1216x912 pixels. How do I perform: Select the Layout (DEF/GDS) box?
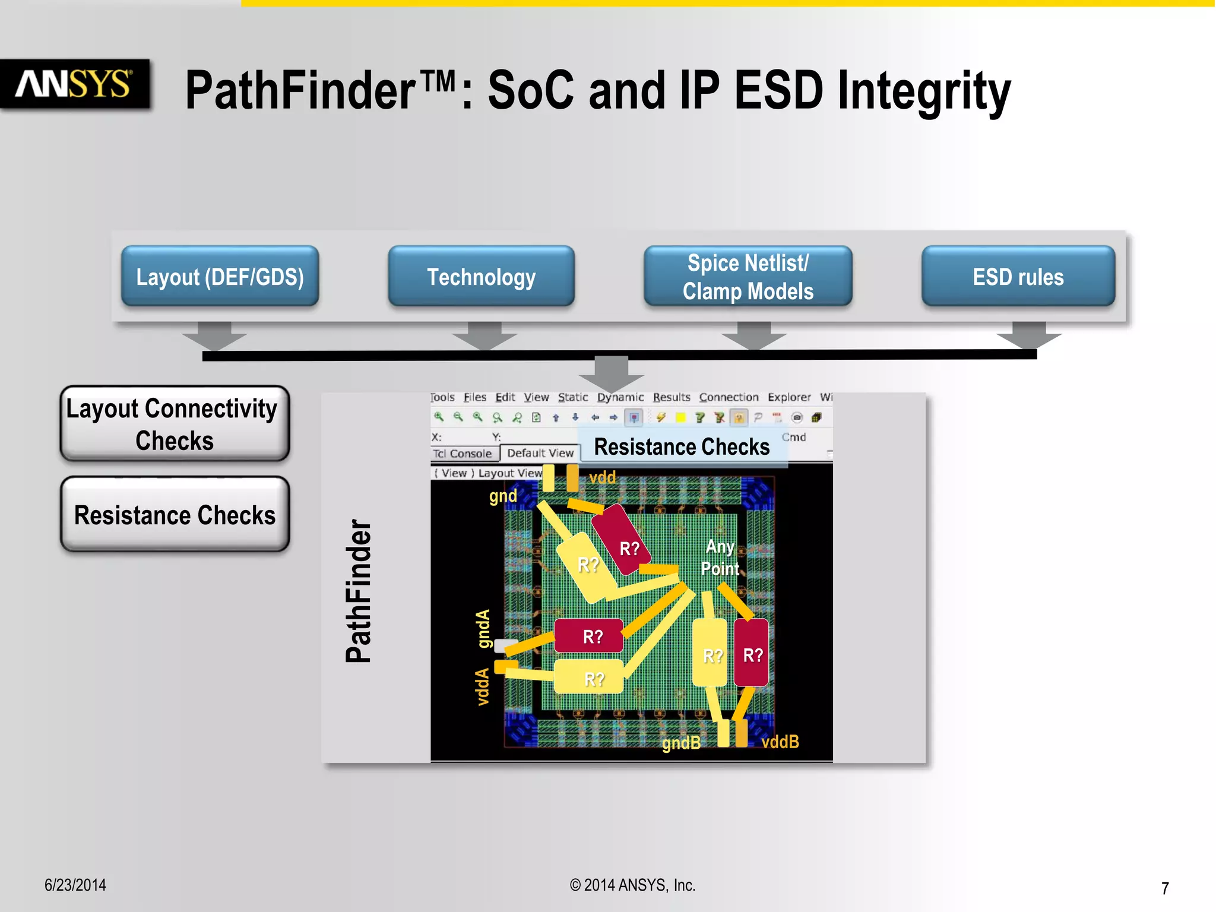tap(220, 277)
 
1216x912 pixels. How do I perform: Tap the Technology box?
tap(481, 277)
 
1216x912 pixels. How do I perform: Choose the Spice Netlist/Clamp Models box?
tap(748, 277)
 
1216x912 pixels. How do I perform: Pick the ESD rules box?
tap(1018, 277)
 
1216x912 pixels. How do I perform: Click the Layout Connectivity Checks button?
tap(175, 424)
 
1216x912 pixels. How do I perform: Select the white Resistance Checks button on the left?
tap(175, 514)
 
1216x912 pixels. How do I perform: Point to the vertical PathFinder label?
tap(359, 591)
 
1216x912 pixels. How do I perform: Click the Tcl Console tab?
tap(463, 454)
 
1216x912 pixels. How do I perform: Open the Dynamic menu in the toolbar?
tap(620, 397)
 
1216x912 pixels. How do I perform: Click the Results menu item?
tap(672, 397)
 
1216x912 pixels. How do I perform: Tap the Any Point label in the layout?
tap(720, 558)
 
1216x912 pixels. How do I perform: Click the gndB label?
tap(681, 743)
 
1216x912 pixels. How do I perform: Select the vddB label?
tap(780, 742)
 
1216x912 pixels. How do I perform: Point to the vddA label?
tap(483, 687)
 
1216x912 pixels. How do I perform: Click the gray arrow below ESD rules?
tap(1028, 335)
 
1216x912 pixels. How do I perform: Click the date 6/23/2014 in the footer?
tap(75, 885)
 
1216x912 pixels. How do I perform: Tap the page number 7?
tap(1165, 888)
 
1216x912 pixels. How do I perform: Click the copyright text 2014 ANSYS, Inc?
tap(633, 885)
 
